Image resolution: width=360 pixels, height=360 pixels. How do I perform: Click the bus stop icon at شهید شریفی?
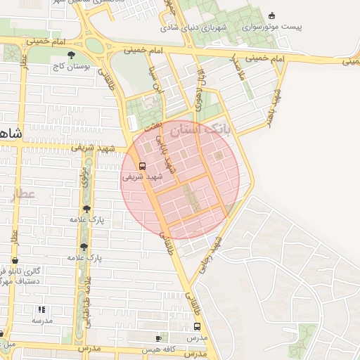click(143, 167)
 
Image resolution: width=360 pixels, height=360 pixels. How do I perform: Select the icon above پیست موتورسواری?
click(272, 15)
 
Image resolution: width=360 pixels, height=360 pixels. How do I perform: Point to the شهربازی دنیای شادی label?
click(186, 28)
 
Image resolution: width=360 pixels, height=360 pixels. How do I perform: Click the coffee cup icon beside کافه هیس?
click(161, 338)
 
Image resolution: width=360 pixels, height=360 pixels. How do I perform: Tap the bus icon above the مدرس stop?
click(197, 327)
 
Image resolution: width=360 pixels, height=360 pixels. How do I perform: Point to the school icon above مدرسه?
click(41, 309)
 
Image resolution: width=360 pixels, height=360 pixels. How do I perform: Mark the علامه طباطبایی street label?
click(87, 302)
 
